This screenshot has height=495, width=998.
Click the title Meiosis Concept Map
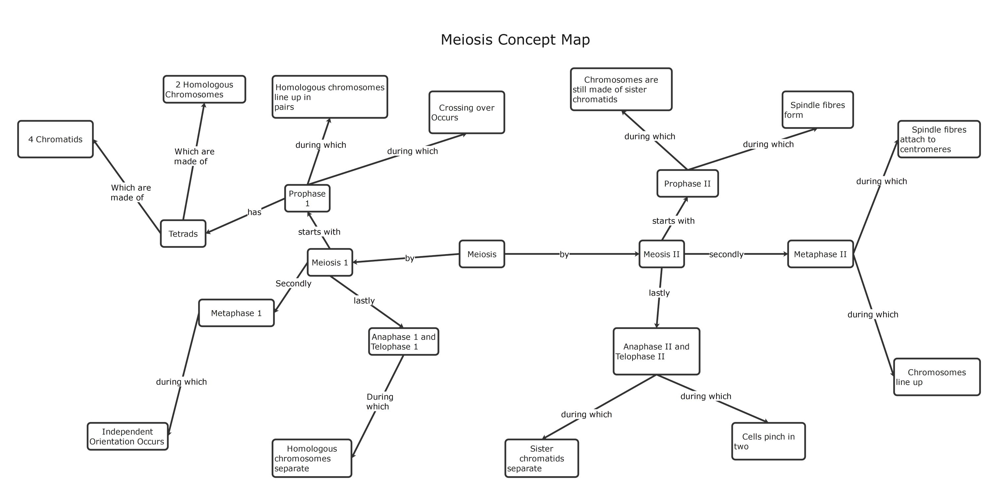click(515, 40)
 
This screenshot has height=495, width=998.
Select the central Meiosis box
click(482, 254)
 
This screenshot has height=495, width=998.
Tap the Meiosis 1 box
click(330, 262)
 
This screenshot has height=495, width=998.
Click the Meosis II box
click(661, 254)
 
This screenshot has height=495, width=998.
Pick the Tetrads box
click(183, 234)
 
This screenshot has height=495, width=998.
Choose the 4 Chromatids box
click(55, 139)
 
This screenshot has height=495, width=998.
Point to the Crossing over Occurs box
click(466, 112)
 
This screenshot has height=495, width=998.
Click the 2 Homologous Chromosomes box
click(204, 89)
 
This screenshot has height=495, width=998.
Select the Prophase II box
click(687, 183)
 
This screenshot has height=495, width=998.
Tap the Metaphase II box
click(820, 254)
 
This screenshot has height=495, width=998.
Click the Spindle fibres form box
click(817, 110)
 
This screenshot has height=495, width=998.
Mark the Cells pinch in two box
click(768, 441)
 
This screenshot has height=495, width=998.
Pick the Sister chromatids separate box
click(542, 458)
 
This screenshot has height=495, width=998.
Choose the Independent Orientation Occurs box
click(127, 437)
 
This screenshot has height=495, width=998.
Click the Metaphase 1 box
click(236, 313)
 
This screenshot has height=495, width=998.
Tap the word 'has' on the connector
click(255, 212)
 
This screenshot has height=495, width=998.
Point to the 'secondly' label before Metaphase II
click(726, 254)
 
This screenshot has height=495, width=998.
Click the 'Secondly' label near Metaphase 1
click(293, 283)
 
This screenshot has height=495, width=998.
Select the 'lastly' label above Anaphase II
click(659, 293)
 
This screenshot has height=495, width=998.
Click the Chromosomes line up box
click(937, 377)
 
